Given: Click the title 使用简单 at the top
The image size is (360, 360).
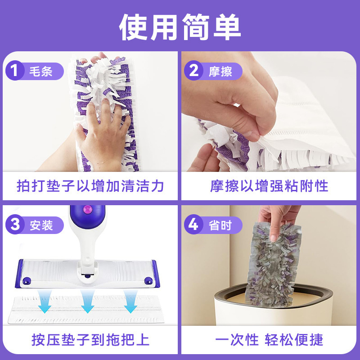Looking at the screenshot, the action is pyautogui.click(x=180, y=27).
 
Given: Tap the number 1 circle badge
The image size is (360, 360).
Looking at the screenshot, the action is pyautogui.click(x=15, y=71).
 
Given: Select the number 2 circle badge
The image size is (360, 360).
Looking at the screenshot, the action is pyautogui.click(x=194, y=71).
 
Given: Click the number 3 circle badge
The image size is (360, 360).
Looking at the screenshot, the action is pyautogui.click(x=15, y=224).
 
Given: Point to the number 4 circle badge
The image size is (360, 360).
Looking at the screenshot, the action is pyautogui.click(x=194, y=224).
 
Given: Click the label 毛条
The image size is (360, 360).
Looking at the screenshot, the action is pyautogui.click(x=41, y=71).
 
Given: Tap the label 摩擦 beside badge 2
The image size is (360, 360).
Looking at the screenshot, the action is pyautogui.click(x=220, y=71).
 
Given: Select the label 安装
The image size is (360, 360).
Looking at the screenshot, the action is pyautogui.click(x=41, y=225).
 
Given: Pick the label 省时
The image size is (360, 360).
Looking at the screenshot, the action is pyautogui.click(x=220, y=225).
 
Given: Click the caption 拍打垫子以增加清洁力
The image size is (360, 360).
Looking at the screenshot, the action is pyautogui.click(x=90, y=186).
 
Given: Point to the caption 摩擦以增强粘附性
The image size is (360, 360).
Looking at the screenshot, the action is pyautogui.click(x=269, y=186).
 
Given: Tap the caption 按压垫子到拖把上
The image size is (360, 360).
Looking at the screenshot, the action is pyautogui.click(x=90, y=340).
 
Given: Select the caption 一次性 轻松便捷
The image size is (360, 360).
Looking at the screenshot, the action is pyautogui.click(x=269, y=340).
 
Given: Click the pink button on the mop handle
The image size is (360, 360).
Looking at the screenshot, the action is pyautogui.click(x=87, y=209).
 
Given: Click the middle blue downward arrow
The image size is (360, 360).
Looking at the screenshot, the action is pyautogui.click(x=87, y=301).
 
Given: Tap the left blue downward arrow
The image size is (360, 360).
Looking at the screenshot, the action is pyautogui.click(x=45, y=301).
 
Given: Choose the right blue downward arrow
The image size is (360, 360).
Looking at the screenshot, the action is pyautogui.click(x=130, y=301).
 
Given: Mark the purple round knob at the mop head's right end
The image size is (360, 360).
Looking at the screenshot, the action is pyautogui.click(x=148, y=280).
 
